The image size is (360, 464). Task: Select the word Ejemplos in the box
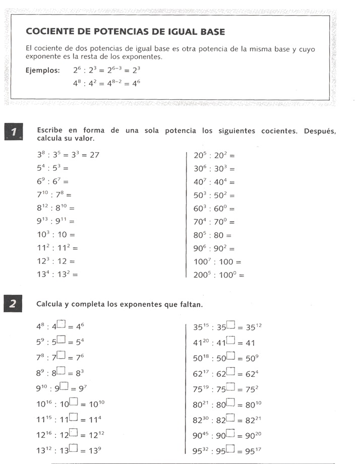42,70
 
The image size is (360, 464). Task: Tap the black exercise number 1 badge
14,133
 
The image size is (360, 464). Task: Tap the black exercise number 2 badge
14,303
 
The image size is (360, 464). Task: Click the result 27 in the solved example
94,155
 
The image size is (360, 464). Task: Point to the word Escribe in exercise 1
50,130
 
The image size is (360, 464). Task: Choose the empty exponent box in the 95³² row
231,447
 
